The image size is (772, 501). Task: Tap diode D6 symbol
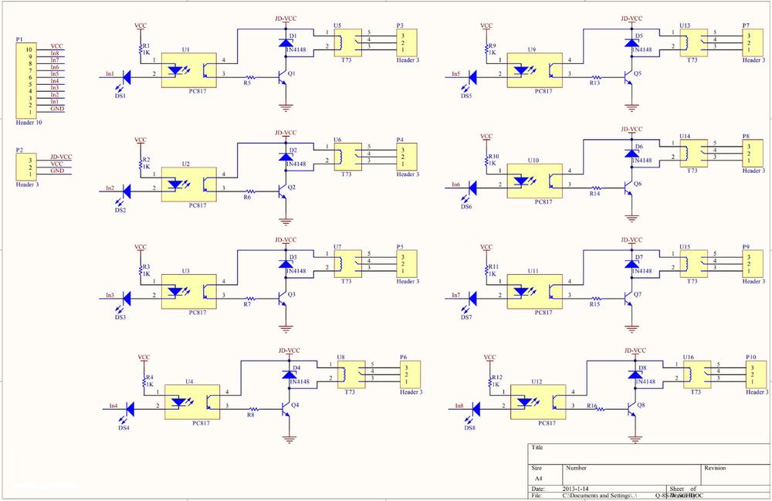coord(631,154)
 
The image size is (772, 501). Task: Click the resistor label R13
coord(594,83)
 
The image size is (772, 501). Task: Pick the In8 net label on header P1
coord(55,53)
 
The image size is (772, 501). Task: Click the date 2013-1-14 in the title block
coord(575,489)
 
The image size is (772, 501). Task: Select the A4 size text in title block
coord(538,479)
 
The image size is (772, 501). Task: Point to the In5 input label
coord(453,74)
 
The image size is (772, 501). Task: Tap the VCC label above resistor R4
coord(144,358)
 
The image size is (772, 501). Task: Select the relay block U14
coord(694,153)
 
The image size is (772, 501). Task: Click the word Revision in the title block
coord(716,468)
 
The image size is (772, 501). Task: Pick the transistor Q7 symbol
coord(629,296)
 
